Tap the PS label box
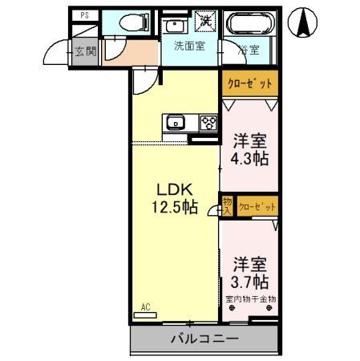point(83,15)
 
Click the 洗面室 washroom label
point(189,46)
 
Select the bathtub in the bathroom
point(249,25)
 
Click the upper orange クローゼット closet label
point(249,83)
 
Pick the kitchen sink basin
point(176,123)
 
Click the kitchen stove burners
point(208,123)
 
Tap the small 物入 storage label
point(227,205)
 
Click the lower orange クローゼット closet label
point(257,206)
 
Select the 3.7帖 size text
point(250,282)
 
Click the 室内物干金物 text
point(250,299)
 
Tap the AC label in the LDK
point(146,306)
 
